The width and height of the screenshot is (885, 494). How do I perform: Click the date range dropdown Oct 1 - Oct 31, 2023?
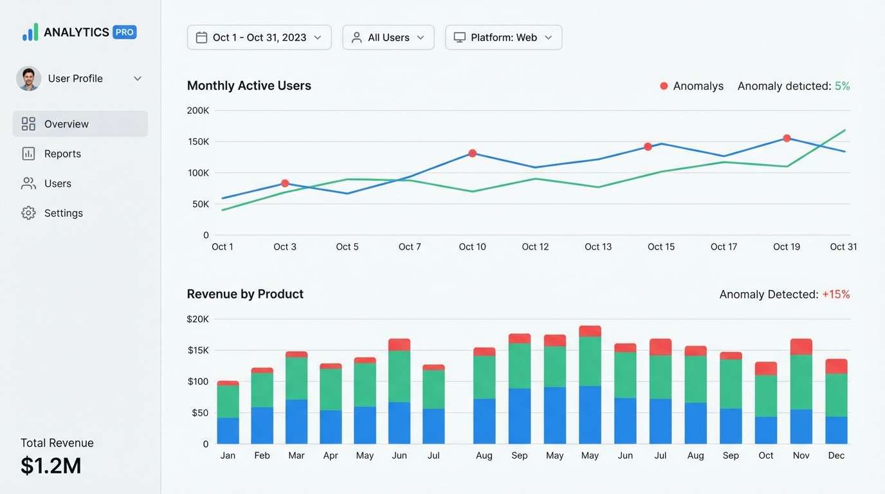[259, 37]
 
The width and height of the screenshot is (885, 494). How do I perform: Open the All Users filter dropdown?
[388, 37]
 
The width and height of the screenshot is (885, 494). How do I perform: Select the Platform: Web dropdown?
[503, 37]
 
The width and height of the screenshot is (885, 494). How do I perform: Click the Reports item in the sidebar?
[62, 154]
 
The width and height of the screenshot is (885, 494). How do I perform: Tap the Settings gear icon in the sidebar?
[28, 213]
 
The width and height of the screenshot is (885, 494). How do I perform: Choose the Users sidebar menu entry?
[57, 183]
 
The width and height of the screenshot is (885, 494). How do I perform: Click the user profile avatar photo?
[28, 78]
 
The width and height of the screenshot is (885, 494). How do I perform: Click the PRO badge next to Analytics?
[124, 32]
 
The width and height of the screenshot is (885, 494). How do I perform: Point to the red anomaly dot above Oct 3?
[285, 183]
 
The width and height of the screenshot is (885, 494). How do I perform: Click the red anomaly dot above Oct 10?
[473, 153]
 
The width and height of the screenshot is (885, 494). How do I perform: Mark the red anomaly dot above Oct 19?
[787, 138]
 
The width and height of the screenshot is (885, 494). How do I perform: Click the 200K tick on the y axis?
[197, 111]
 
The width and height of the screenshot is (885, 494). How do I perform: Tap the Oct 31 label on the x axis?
[843, 247]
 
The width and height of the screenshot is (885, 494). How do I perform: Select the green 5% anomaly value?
[842, 86]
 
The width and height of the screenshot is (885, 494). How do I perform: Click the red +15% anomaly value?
[835, 295]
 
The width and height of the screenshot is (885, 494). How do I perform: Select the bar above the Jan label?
[228, 415]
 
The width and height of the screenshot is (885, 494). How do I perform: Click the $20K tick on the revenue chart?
[197, 319]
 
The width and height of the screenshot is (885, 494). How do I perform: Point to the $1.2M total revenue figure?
[51, 466]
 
